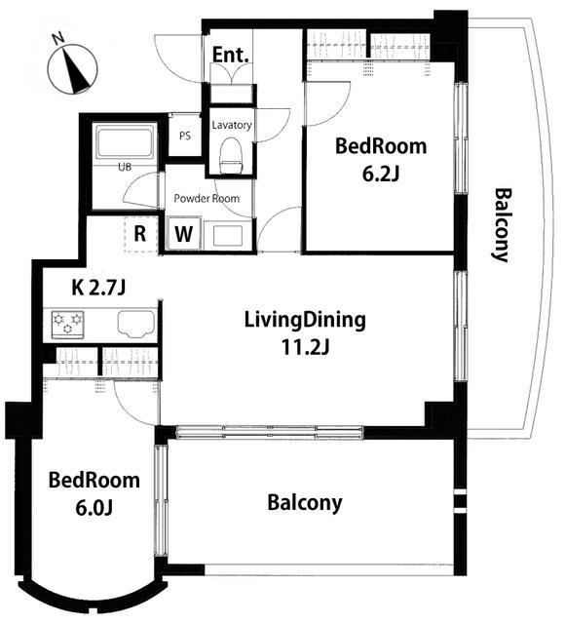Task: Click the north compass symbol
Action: pos(72,70)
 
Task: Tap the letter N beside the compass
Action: pos(58,39)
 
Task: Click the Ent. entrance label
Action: pos(231,55)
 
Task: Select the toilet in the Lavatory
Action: pos(232,155)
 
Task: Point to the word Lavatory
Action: pos(232,125)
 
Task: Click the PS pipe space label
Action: pos(185,136)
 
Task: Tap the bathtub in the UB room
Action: pos(125,142)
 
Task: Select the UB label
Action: pos(125,167)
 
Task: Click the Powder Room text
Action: pos(207,198)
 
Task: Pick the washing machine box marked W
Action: pos(183,233)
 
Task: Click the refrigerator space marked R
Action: pos(140,234)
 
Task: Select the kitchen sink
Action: pos(136,324)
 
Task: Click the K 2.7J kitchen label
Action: pos(98,288)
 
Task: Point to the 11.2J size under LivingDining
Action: pos(305,347)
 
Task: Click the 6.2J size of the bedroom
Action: pos(381,174)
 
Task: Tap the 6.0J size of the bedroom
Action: pos(94,508)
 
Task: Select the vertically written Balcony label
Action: pos(503,225)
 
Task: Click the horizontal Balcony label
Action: pos(305,503)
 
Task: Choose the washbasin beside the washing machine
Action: pos(228,236)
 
